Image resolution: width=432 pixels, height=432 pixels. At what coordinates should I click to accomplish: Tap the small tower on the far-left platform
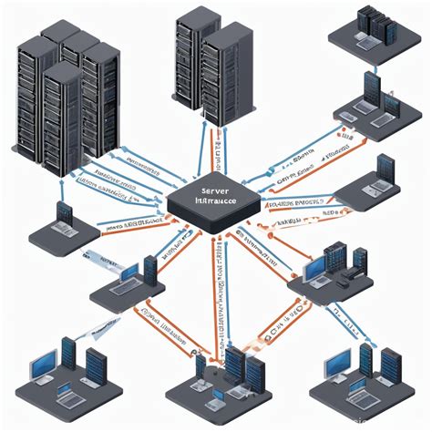[64, 215]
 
